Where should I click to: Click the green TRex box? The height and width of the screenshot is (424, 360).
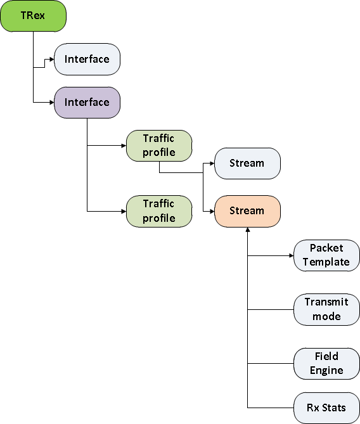(33, 16)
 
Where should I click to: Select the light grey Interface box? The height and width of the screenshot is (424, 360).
(87, 59)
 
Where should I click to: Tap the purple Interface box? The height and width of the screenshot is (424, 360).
(87, 103)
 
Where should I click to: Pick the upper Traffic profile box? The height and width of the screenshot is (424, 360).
(159, 146)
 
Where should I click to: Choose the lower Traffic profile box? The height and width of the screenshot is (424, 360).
(159, 211)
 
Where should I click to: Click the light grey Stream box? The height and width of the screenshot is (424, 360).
(247, 164)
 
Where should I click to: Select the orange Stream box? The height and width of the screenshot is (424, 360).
(247, 211)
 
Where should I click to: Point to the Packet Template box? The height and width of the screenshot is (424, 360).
(327, 255)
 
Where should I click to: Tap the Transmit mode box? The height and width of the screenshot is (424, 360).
(327, 309)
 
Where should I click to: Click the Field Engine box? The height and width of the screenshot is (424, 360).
(327, 363)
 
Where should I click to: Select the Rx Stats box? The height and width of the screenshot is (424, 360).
(327, 408)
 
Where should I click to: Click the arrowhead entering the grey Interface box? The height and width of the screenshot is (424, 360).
(52, 59)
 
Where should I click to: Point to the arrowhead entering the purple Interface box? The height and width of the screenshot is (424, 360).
(52, 103)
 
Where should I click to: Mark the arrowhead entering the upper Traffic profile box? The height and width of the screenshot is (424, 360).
(124, 146)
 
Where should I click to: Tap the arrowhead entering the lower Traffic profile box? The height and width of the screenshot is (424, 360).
(124, 211)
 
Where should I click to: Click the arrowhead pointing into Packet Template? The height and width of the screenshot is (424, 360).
(292, 255)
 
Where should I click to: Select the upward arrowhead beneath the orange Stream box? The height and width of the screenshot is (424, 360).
(247, 229)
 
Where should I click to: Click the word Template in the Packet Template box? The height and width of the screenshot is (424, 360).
(326, 262)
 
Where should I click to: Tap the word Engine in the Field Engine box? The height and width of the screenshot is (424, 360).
(326, 371)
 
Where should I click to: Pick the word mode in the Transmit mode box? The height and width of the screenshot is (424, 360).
(326, 316)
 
